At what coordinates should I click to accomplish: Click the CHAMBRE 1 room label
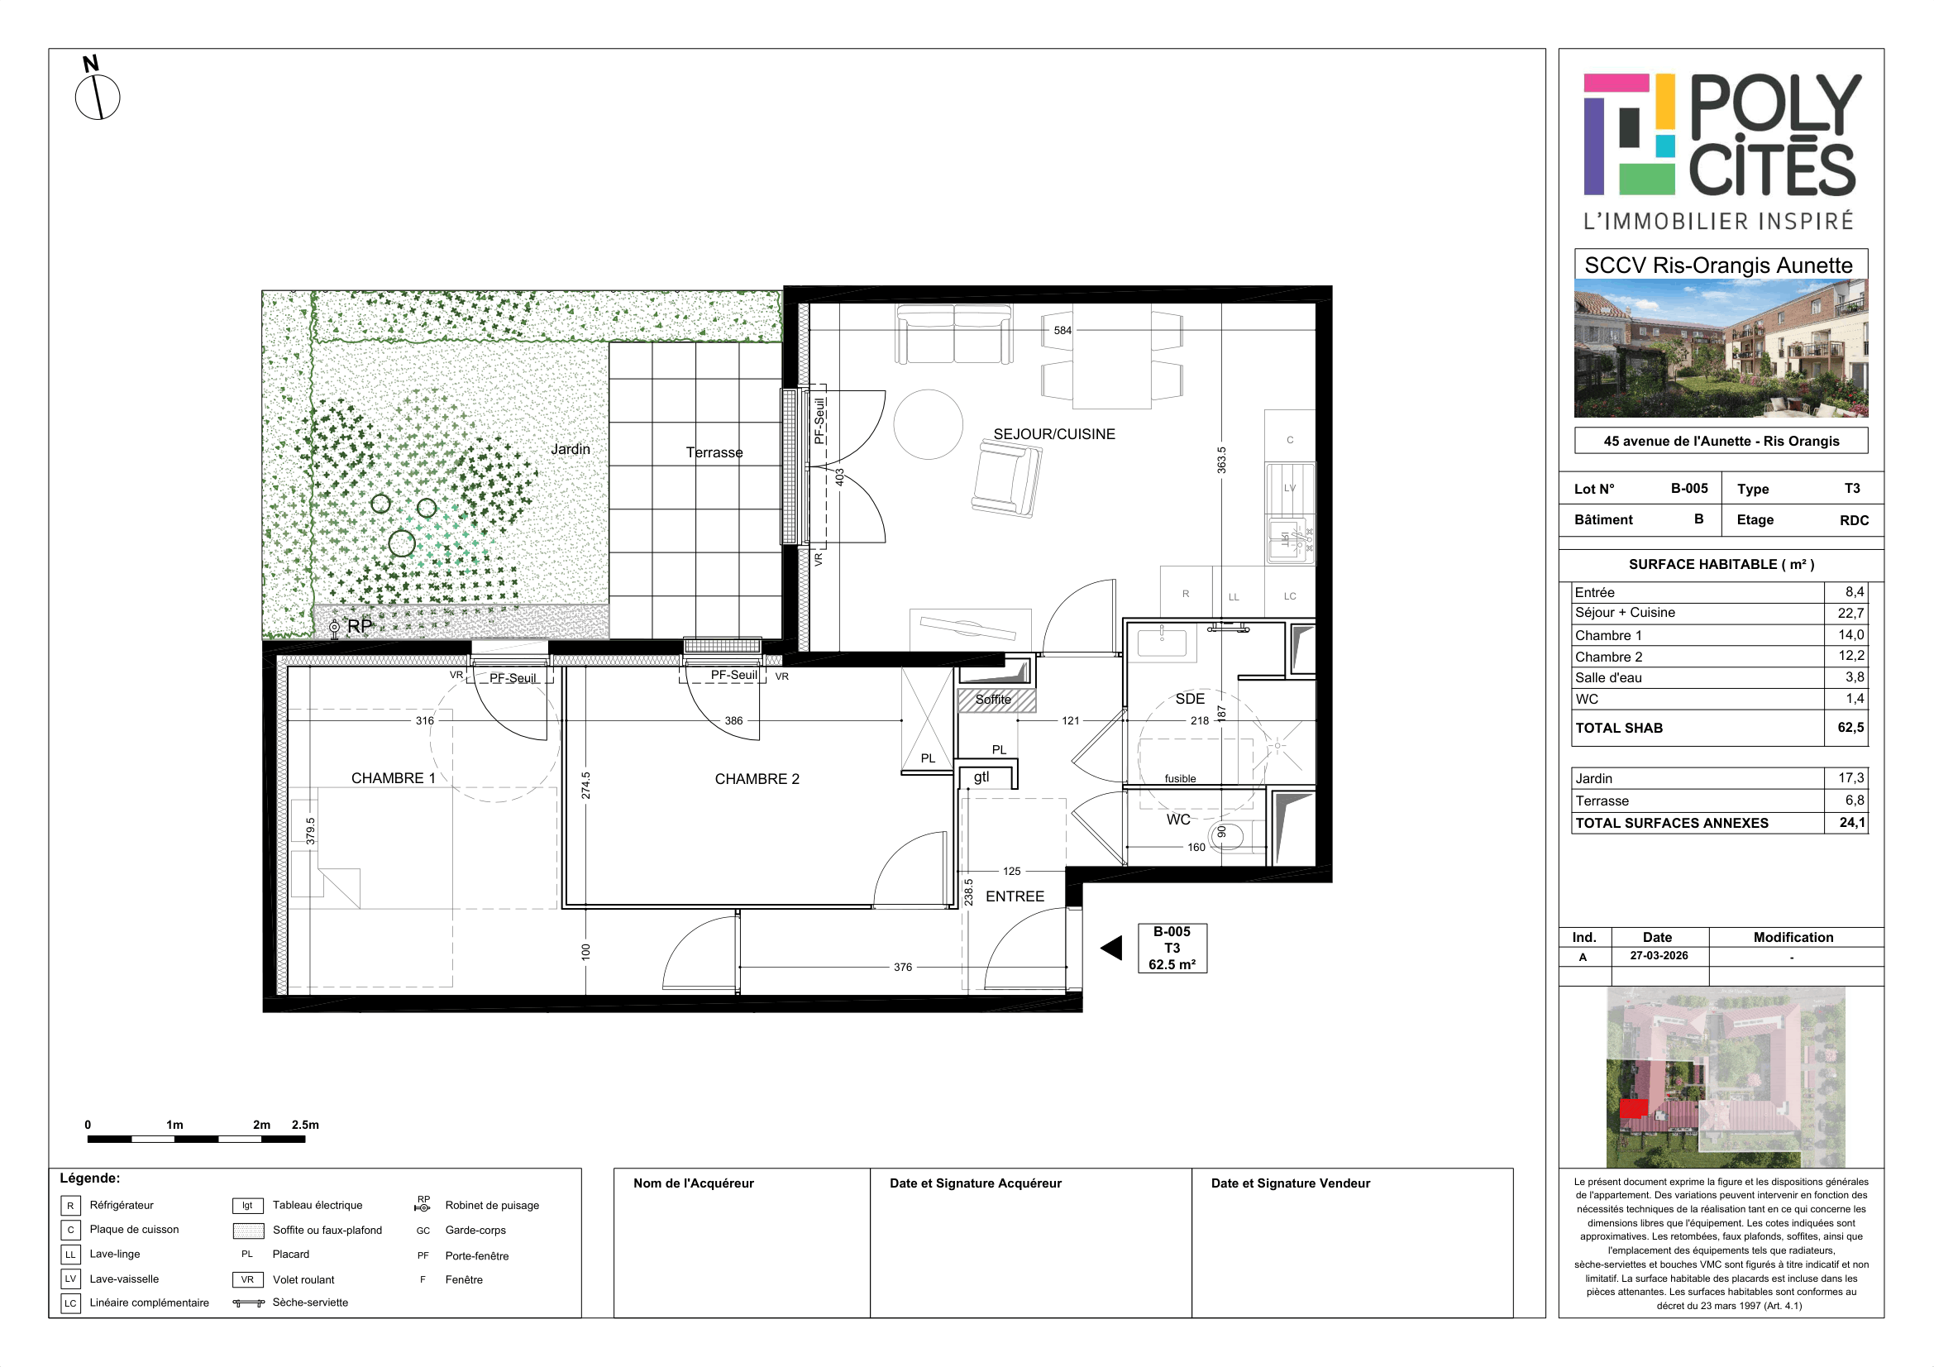pos(393,778)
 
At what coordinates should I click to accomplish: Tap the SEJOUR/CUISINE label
pos(1053,434)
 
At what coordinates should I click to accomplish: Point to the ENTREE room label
pos(1015,896)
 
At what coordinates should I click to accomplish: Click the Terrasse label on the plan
pos(714,452)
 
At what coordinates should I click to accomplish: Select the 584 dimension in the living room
pos(1063,330)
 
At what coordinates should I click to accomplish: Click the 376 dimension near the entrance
pos(902,967)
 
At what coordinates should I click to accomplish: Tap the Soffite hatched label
pos(993,699)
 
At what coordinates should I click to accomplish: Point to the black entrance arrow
pos(1111,949)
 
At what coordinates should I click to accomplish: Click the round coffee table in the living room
pos(928,424)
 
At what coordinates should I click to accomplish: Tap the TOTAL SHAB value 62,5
pos(1850,727)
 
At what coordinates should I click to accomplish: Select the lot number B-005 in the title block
pos(1689,489)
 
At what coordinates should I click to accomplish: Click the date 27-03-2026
pos(1659,955)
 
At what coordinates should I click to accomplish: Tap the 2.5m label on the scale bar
pos(305,1125)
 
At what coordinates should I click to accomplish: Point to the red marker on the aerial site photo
pos(1633,1108)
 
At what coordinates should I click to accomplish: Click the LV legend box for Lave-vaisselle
pos(71,1279)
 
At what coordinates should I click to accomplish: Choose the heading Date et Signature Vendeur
pos(1291,1183)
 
